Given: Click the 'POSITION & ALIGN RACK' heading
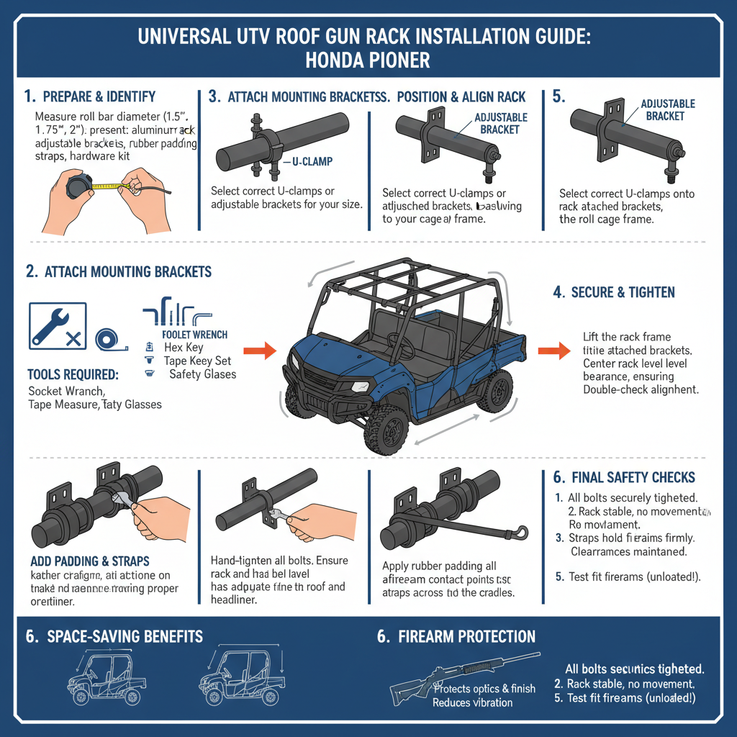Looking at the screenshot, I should click(x=461, y=96).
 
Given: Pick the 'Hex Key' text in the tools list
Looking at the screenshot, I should click(x=184, y=348).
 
